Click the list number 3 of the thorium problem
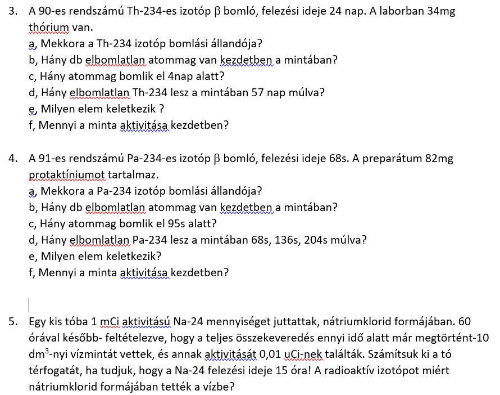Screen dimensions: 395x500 click(x=12, y=11)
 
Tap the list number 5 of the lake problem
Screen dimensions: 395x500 click(x=12, y=322)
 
